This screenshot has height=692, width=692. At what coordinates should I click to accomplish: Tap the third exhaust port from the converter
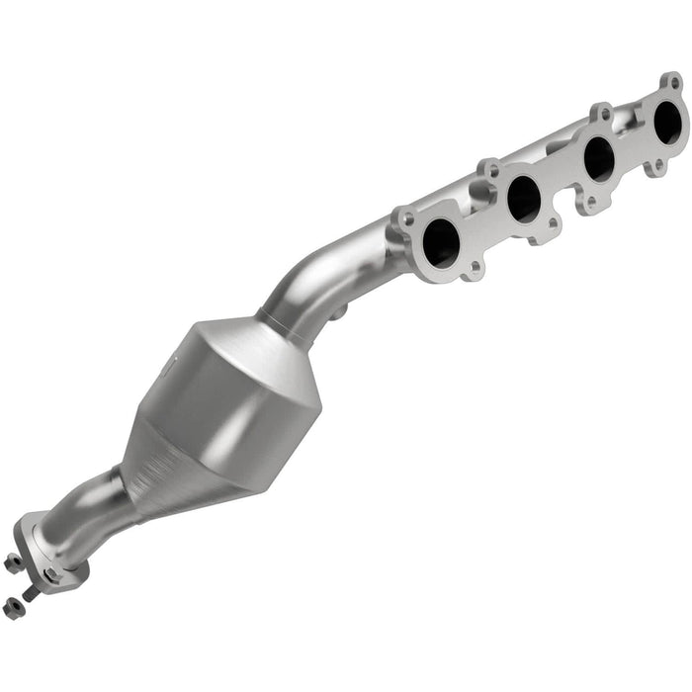[x=599, y=158]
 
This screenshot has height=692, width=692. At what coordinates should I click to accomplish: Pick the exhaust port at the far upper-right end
[x=669, y=123]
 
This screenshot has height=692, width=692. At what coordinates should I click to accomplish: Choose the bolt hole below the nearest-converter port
[x=476, y=267]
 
